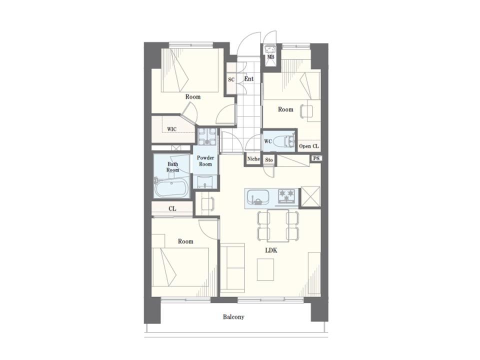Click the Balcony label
pos(233,317)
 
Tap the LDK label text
pos(271,250)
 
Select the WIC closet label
pos(171,129)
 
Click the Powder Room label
pos(205,160)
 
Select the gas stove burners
pos(286,196)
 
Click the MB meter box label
pos(270,57)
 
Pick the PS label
pos(316,158)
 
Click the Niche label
pos(253,159)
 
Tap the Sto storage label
pos(269,160)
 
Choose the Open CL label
pos(309,146)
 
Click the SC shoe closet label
pos(231,79)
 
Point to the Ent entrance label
pos(249,78)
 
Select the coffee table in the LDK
pos(265,269)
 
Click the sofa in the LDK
pos(232,268)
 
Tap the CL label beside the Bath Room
pos(172,208)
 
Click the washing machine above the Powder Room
pos(206,136)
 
